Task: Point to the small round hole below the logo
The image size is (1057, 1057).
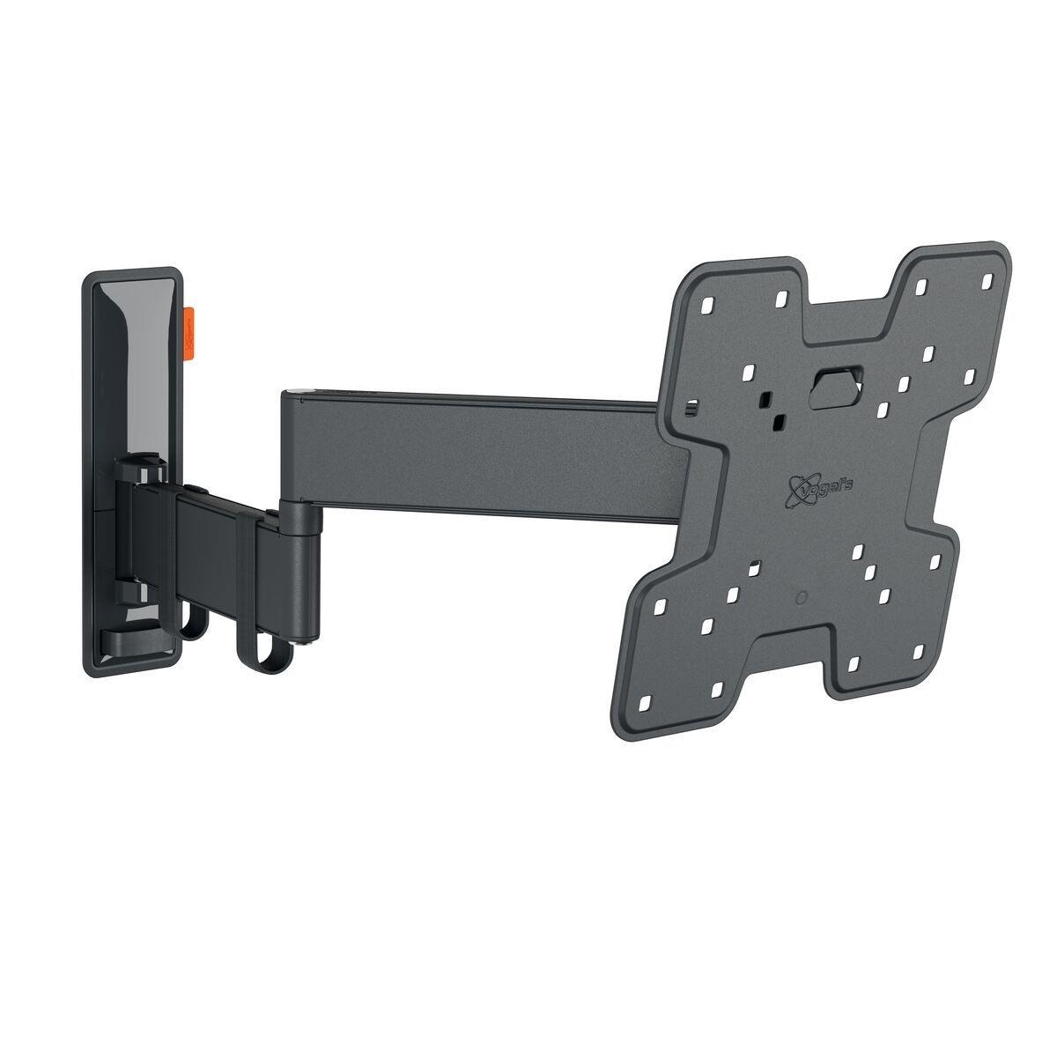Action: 800,598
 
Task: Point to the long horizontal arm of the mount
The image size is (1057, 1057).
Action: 476,458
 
